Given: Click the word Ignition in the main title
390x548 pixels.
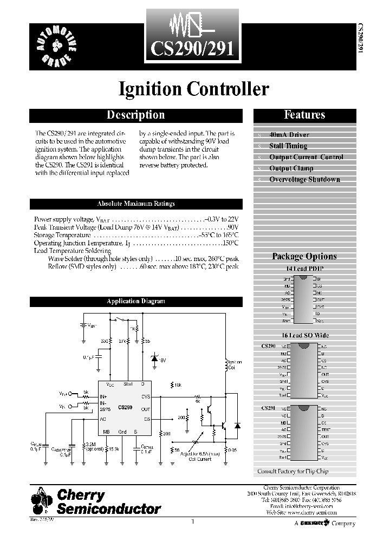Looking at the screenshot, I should point(150,89).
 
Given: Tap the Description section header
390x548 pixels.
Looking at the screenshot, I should point(135,115).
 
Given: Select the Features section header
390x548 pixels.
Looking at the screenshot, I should point(304,115).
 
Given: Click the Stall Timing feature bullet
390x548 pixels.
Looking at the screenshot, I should point(288,146).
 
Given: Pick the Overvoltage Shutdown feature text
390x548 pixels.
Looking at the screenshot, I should point(304,180).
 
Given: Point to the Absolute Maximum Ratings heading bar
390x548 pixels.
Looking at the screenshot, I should point(135,204).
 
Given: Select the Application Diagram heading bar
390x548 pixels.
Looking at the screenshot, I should point(135,301).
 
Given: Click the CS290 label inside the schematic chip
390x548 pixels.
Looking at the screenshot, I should point(125,407).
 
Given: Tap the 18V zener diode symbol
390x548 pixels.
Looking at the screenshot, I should point(155,359).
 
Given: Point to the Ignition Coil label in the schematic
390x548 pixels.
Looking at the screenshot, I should point(235,364).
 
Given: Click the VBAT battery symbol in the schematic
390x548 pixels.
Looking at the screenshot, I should point(83,327).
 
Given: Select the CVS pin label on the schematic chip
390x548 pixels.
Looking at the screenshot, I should point(146,397).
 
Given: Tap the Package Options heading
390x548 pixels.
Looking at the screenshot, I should point(304,257).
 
